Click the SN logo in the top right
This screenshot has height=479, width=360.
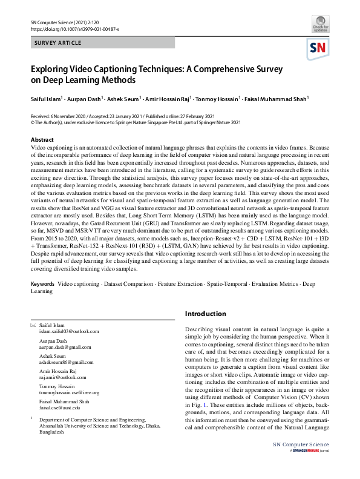click(x=319, y=48)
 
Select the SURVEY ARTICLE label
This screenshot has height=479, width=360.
click(x=57, y=44)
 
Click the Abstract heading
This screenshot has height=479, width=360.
click(x=42, y=140)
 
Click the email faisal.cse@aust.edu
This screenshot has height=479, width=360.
click(x=59, y=408)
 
